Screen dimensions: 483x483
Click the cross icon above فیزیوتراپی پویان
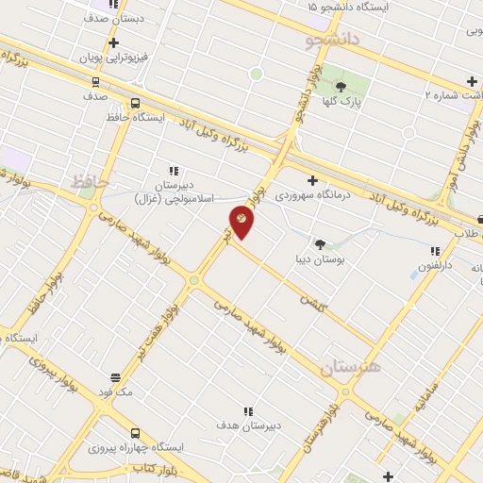tap(114, 42)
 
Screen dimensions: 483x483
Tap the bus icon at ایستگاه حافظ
tap(135, 104)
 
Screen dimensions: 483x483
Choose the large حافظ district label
tap(92, 180)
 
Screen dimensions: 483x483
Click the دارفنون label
tap(436, 266)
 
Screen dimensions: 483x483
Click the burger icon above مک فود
tap(115, 376)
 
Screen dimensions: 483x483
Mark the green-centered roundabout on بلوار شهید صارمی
tap(193, 279)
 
